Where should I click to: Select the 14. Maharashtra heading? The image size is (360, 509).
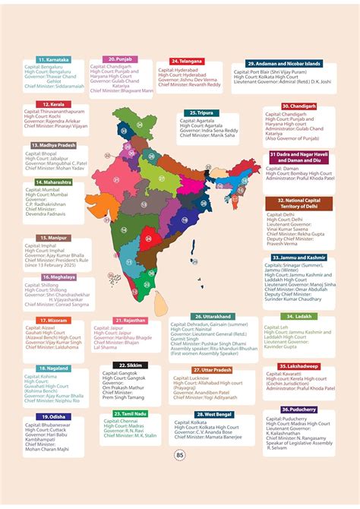point(54,182)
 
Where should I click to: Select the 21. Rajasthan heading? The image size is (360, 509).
point(130,321)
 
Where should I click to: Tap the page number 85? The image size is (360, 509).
point(180,477)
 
